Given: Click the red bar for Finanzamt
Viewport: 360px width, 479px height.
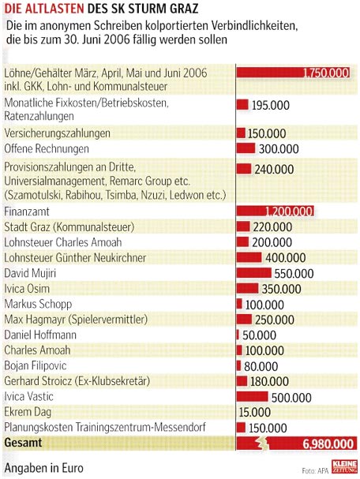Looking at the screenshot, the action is point(275,211).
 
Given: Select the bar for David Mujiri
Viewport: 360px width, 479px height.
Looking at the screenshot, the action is point(253,273).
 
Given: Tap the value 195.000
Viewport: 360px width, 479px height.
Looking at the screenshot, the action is point(271,106).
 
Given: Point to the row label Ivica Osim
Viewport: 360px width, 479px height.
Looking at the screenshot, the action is point(27,288).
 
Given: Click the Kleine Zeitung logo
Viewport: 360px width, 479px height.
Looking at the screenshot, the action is point(344,466).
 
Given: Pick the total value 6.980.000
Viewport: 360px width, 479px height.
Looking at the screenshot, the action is point(328,443).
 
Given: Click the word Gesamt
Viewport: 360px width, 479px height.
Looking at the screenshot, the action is point(23,443).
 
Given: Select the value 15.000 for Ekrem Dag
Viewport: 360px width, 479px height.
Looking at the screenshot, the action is point(254,412).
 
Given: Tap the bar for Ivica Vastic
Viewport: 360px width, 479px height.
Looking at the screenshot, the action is point(252,396).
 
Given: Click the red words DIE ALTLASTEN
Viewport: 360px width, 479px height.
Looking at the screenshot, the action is point(44,8).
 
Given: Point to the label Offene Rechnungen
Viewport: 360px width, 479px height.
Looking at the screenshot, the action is point(47,149).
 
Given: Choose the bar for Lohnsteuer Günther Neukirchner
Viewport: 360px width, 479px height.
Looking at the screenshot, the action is point(249,257).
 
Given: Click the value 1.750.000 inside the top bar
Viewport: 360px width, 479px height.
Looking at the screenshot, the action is point(326,73).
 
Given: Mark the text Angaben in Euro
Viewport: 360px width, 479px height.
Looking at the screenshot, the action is point(43,468).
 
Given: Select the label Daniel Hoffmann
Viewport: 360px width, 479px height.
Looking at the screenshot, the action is point(40,335).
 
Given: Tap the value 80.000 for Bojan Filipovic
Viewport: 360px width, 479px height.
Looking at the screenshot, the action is point(261,366).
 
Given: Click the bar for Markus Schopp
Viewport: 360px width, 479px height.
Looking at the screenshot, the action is point(239,304).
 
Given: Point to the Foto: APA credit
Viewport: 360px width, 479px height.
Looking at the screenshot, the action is point(315,470).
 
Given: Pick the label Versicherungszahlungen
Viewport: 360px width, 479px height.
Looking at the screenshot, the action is point(57,133).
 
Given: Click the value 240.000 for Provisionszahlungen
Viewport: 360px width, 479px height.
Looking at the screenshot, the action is point(274,169).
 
